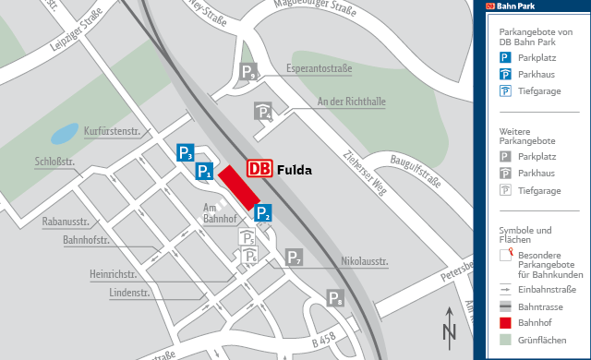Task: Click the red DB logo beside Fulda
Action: [260, 169]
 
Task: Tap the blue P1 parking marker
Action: [205, 171]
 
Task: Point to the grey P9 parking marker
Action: [248, 72]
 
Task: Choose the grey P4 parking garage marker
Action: [263, 112]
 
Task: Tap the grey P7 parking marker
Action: [294, 258]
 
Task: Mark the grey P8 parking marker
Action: [336, 297]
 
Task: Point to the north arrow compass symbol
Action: [450, 325]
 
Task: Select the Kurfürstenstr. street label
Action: [112, 131]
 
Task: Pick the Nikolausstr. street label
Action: [365, 261]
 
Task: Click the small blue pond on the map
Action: [65, 134]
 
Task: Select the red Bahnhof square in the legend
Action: [505, 322]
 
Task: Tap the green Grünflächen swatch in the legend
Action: [505, 339]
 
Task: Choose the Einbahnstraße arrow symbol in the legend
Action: [505, 288]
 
